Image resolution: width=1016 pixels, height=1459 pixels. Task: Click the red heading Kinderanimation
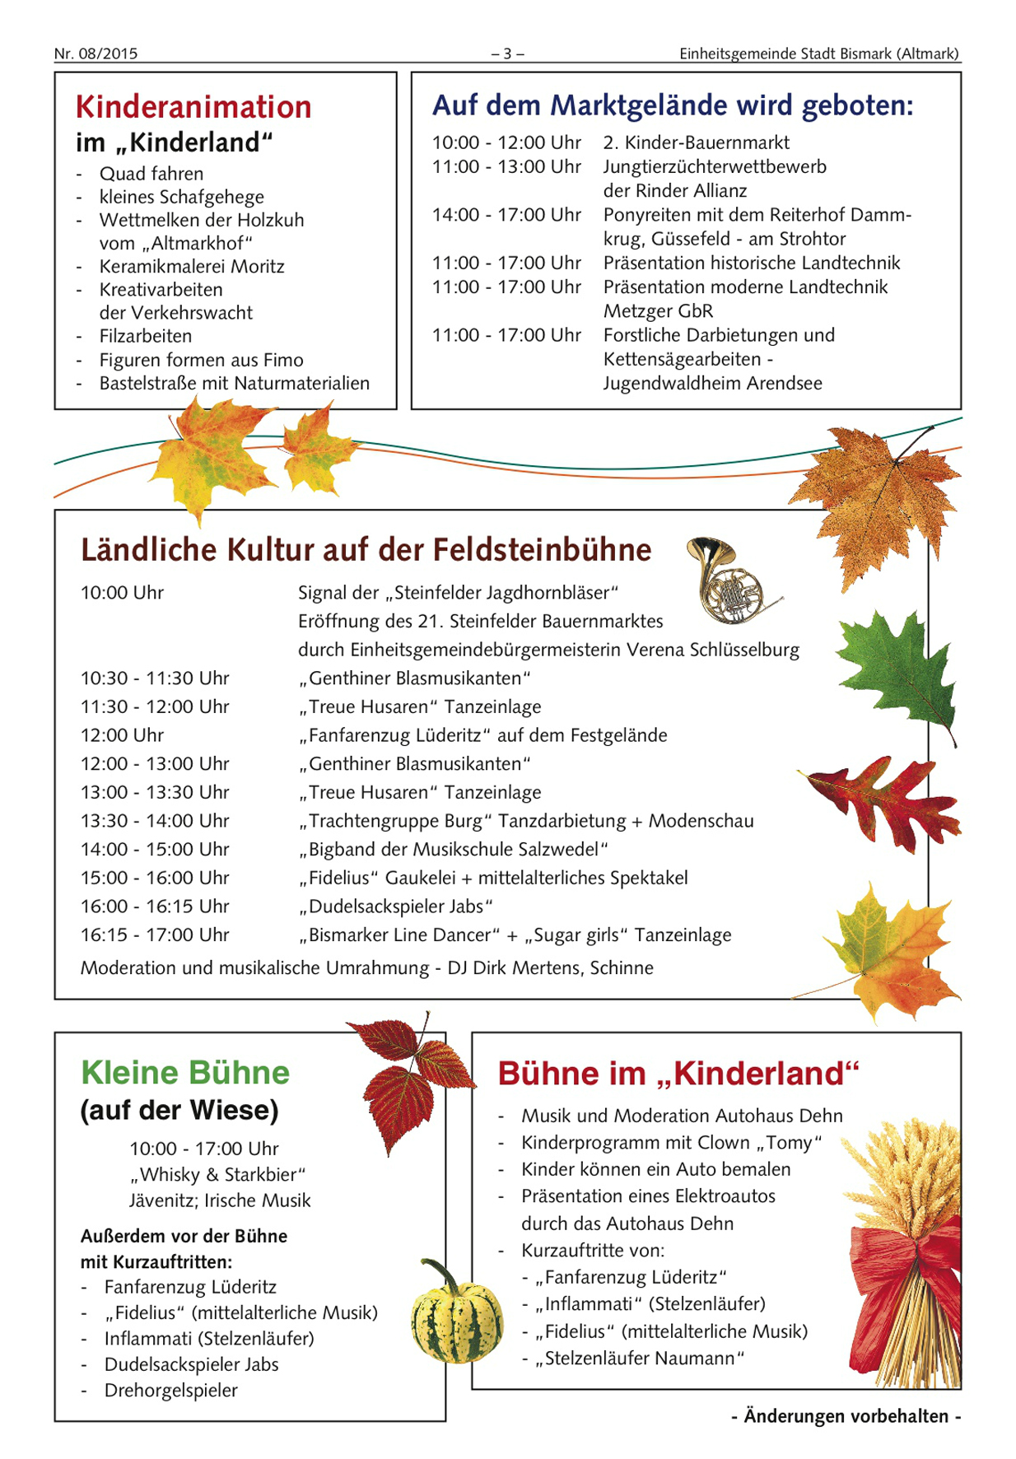point(193,107)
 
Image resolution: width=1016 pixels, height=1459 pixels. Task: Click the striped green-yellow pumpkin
point(456,1317)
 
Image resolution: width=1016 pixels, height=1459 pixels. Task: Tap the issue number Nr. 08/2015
point(96,54)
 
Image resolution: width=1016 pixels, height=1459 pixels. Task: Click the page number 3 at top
point(507,54)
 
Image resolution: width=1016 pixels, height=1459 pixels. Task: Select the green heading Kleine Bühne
point(185,1073)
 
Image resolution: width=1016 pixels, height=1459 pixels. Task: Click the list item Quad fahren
point(151,174)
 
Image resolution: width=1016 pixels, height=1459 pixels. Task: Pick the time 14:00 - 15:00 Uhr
point(155,849)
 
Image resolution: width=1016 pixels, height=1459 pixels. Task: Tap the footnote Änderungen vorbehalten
point(846,1416)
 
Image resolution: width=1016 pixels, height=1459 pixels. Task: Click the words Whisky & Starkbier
point(217,1174)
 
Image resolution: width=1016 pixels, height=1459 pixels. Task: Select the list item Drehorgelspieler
point(170,1391)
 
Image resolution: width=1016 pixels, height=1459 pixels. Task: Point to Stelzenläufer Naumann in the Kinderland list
point(640,1358)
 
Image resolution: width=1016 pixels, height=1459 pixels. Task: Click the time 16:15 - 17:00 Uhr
point(155,935)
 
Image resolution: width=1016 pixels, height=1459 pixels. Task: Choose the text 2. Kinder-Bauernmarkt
point(696,142)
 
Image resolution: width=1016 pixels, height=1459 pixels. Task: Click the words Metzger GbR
point(658,311)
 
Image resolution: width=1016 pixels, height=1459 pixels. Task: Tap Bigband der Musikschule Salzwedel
point(453,849)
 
